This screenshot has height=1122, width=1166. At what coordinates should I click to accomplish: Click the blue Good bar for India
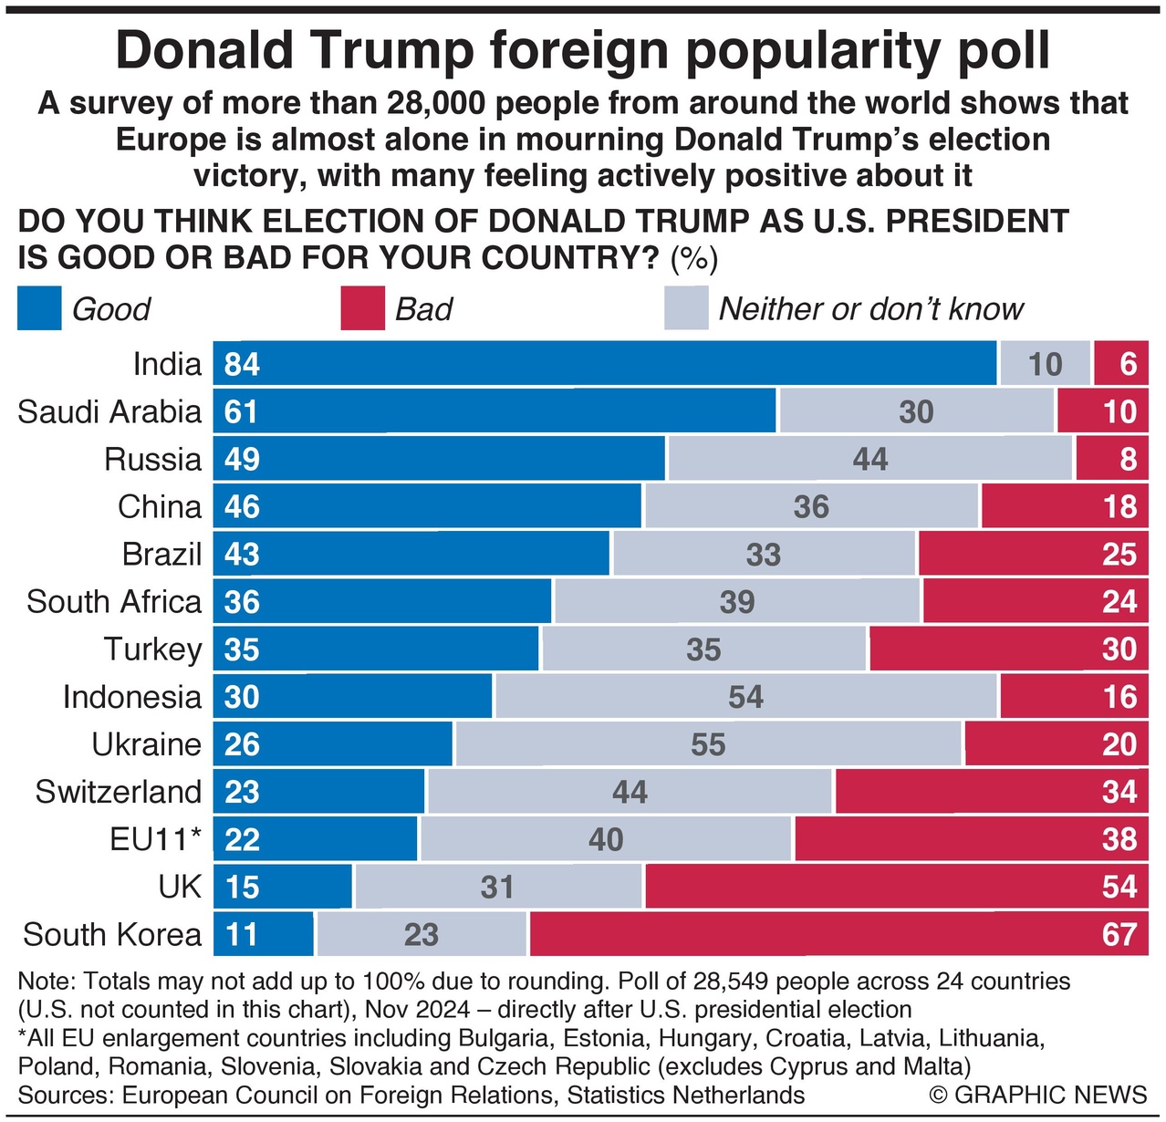[605, 364]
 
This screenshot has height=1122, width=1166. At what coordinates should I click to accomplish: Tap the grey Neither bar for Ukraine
[708, 744]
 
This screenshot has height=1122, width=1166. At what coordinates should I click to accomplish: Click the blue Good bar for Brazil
[411, 555]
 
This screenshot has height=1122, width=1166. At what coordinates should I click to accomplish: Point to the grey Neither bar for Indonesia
[745, 697]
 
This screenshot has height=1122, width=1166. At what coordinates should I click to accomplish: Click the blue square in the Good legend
[39, 308]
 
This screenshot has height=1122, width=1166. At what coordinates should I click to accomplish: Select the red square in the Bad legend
[362, 308]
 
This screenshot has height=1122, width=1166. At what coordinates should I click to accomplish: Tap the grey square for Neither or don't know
[686, 308]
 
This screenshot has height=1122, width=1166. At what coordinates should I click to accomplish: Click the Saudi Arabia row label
[109, 411]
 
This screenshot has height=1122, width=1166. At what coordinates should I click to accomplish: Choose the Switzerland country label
[119, 792]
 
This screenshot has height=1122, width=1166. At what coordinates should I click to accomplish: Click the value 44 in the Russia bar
[870, 459]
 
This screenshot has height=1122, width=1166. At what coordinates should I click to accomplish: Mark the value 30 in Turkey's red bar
[1119, 649]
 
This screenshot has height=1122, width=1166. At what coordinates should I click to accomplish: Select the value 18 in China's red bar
[1119, 507]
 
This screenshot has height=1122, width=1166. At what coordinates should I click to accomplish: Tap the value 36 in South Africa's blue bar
[242, 602]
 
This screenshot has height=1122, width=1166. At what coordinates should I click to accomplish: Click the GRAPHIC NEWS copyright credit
[1038, 1095]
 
